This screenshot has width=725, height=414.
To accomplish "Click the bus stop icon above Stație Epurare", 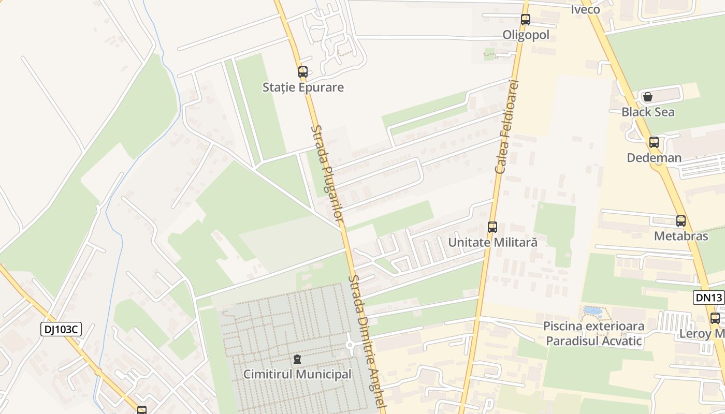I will pyautogui.click(x=303, y=72).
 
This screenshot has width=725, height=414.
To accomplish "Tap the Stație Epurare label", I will pyautogui.click(x=303, y=87).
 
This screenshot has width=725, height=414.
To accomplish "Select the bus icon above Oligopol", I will pyautogui.click(x=526, y=20).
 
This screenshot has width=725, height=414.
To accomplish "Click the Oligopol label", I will pyautogui.click(x=526, y=35).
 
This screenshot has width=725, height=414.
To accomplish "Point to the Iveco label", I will pyautogui.click(x=585, y=9).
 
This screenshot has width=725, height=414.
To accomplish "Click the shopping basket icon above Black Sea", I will pyautogui.click(x=647, y=97).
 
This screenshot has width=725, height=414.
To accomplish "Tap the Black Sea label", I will pyautogui.click(x=648, y=112).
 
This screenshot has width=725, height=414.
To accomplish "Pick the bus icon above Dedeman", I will pyautogui.click(x=654, y=142).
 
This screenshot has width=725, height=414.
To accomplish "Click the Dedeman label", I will pyautogui.click(x=654, y=157).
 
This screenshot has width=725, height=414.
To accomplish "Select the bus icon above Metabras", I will pyautogui.click(x=681, y=221).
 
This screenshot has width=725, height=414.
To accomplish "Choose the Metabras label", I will pyautogui.click(x=681, y=236).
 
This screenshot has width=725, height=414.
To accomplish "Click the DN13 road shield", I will pyautogui.click(x=708, y=297).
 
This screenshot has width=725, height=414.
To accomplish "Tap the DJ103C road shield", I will pyautogui.click(x=61, y=329).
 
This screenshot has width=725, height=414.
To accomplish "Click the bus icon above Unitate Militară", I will pyautogui.click(x=492, y=227).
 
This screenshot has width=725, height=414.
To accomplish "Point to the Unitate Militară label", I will pyautogui.click(x=492, y=242).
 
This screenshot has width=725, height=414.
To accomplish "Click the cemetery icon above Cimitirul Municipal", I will pyautogui.click(x=297, y=359).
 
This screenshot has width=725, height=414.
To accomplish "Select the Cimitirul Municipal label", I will pyautogui.click(x=297, y=374).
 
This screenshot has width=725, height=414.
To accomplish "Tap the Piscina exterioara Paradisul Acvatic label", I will pyautogui.click(x=593, y=333).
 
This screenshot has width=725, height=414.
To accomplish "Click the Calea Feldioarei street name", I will pyautogui.click(x=507, y=127).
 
